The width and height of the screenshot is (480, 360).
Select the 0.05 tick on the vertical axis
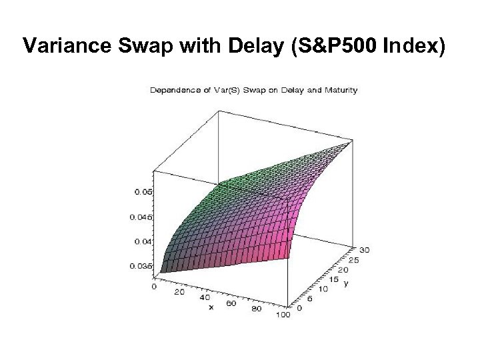143,192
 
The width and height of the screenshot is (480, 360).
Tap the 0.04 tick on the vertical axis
143,241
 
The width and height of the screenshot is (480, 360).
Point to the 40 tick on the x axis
204,298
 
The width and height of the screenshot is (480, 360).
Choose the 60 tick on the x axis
231,304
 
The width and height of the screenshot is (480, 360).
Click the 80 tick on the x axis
258,310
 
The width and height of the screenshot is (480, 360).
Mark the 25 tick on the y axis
353,259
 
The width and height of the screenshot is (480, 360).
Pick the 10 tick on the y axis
325,289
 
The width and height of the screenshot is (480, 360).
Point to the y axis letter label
346,283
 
